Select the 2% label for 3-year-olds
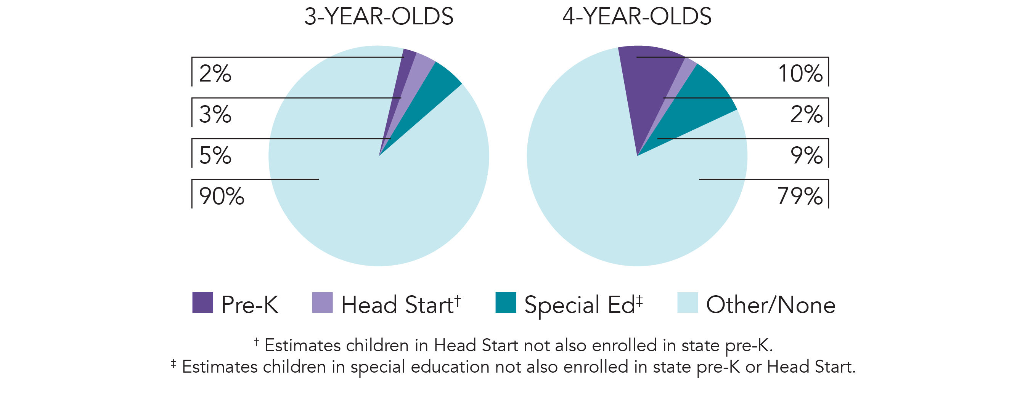pyautogui.click(x=215, y=74)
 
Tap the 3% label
pyautogui.click(x=215, y=114)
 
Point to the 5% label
pyautogui.click(x=215, y=155)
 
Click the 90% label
pyautogui.click(x=222, y=196)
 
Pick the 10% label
pyautogui.click(x=800, y=74)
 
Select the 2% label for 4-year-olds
pyautogui.click(x=806, y=114)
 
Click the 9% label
pyautogui.click(x=806, y=155)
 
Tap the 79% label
pyautogui.click(x=800, y=196)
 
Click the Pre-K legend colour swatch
pyautogui.click(x=202, y=303)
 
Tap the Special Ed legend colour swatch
pyautogui.click(x=506, y=303)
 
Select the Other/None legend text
pyautogui.click(x=771, y=305)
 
